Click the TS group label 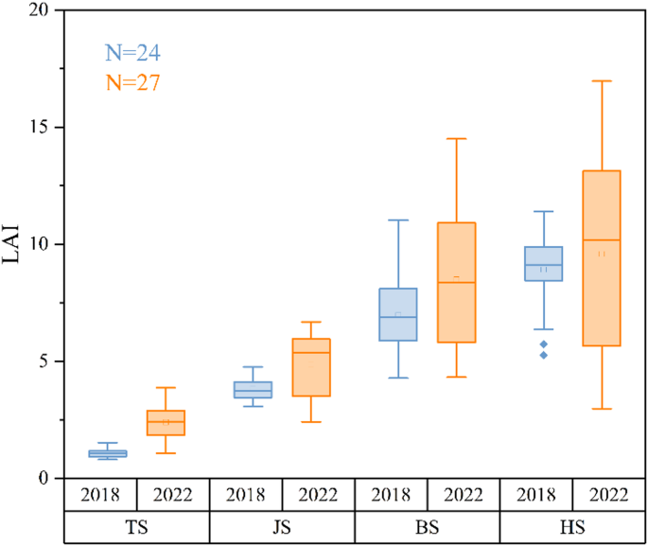(x=137, y=526)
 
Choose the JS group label (x=282, y=526)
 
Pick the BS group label (x=428, y=526)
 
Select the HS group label (x=572, y=526)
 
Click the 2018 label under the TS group (x=101, y=495)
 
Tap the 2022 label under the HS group (x=608, y=495)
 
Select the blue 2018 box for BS (x=398, y=314)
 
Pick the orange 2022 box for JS (x=311, y=367)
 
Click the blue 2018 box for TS (x=108, y=453)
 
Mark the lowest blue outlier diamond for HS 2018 (x=543, y=355)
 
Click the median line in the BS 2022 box (x=456, y=283)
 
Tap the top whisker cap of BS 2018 (x=398, y=220)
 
